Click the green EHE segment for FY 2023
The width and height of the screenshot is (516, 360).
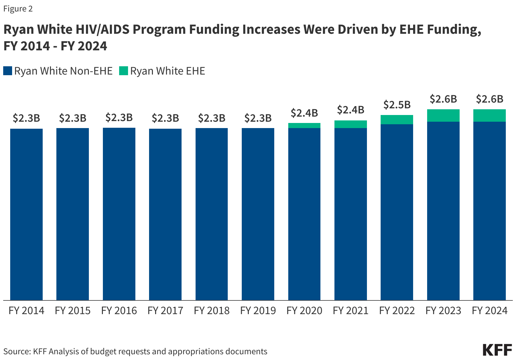tap(443, 115)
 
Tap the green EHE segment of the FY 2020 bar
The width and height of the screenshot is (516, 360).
tap(304, 126)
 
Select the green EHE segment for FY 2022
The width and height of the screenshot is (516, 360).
tap(397, 119)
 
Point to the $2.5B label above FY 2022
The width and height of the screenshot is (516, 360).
tap(397, 104)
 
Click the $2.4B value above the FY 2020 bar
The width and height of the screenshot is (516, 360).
tap(304, 113)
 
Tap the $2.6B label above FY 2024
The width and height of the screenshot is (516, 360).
tap(490, 99)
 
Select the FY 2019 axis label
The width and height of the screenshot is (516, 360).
tap(258, 311)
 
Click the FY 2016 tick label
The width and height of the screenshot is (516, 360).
tap(119, 311)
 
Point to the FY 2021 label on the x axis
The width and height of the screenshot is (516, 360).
tap(351, 311)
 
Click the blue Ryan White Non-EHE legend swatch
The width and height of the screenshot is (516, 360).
tap(8, 71)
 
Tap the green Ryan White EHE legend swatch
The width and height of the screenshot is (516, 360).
tap(123, 71)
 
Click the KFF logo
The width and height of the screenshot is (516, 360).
tap(497, 350)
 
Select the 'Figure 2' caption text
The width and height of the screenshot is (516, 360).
tap(18, 9)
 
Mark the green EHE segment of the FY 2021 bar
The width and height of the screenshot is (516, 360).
tap(351, 124)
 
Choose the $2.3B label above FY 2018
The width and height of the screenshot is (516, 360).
tap(211, 118)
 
